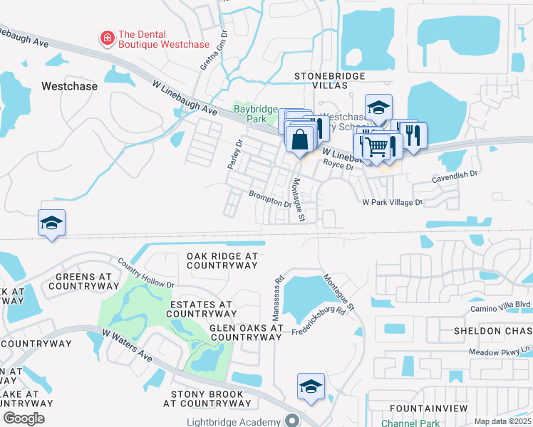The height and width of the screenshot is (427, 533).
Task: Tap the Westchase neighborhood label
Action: (68, 86)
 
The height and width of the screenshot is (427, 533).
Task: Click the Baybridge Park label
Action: (250, 114)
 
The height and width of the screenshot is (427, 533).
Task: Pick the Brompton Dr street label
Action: (270, 198)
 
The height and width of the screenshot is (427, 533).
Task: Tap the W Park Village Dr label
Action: (392, 202)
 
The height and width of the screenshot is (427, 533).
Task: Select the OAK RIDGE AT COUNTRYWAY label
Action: (222, 260)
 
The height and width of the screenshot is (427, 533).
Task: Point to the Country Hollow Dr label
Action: (146, 273)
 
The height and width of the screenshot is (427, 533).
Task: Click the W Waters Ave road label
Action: (128, 343)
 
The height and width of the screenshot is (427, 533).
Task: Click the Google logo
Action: (24, 418)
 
